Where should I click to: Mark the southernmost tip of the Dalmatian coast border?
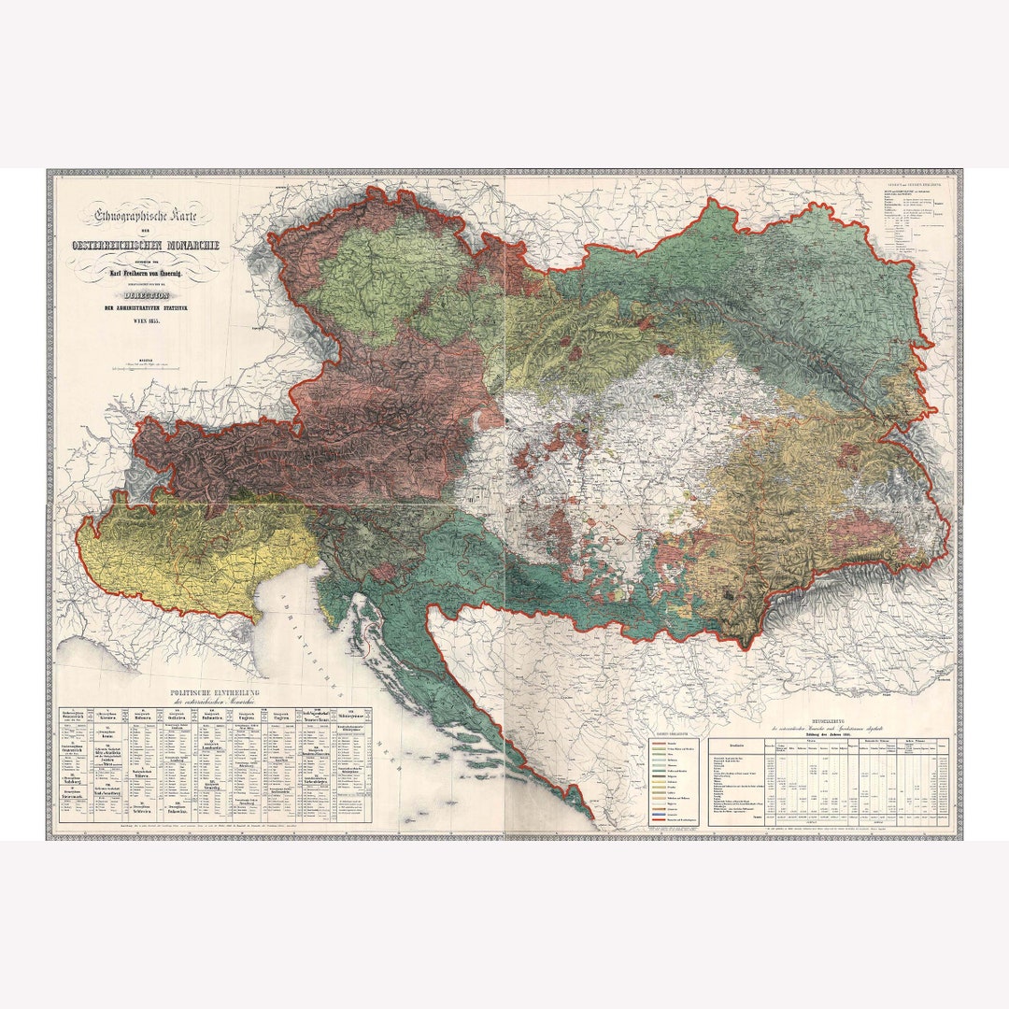pyautogui.click(x=590, y=817)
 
